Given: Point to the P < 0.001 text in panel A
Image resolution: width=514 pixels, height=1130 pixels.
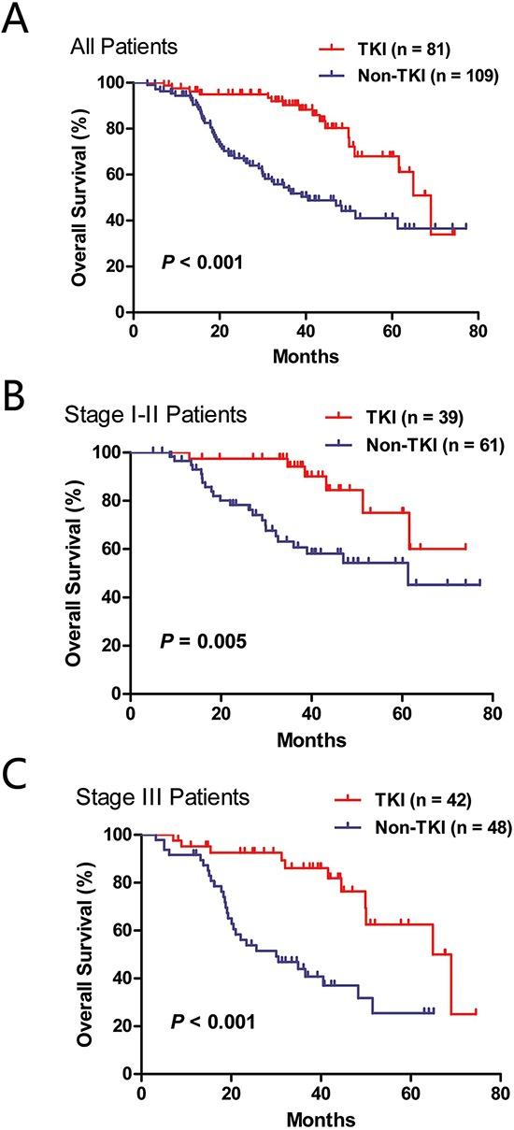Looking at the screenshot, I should [x=201, y=264].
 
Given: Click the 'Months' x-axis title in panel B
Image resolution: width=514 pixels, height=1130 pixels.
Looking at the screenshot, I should [x=311, y=740].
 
